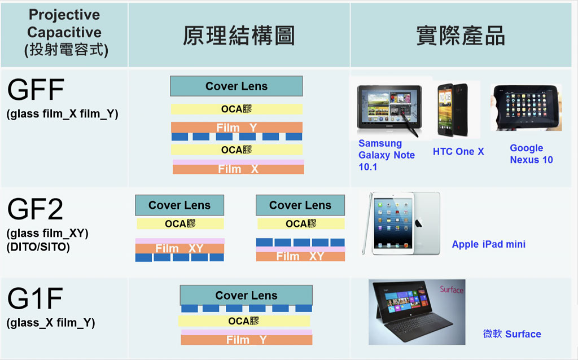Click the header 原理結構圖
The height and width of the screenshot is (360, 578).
pyautogui.click(x=239, y=36)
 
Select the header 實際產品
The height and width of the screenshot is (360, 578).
pyautogui.click(x=461, y=36)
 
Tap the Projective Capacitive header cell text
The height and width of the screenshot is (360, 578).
pyautogui.click(x=64, y=32)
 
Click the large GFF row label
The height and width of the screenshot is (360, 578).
pyautogui.click(x=36, y=90)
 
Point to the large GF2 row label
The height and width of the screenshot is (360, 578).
pyautogui.click(x=35, y=209)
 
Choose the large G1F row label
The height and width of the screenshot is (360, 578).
pyautogui.click(x=35, y=298)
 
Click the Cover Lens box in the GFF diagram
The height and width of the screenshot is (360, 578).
pyautogui.click(x=237, y=86)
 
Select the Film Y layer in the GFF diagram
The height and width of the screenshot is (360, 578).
pyautogui.click(x=237, y=128)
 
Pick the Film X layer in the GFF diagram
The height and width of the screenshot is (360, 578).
pyautogui.click(x=238, y=169)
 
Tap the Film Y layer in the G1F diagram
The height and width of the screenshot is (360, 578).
pyautogui.click(x=247, y=340)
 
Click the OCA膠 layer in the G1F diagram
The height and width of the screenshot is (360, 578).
pyautogui.click(x=244, y=321)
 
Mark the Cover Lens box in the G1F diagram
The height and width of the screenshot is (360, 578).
pyautogui.click(x=246, y=295)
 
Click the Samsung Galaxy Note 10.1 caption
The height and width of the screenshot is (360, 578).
pyautogui.click(x=387, y=155)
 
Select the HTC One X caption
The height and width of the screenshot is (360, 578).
pyautogui.click(x=458, y=151)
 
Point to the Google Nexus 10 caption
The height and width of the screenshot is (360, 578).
pyautogui.click(x=531, y=153)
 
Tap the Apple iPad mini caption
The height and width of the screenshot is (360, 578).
pyautogui.click(x=489, y=244)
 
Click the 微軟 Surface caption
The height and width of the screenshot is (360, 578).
pyautogui.click(x=512, y=334)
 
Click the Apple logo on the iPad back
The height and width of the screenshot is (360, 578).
pyautogui.click(x=419, y=223)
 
